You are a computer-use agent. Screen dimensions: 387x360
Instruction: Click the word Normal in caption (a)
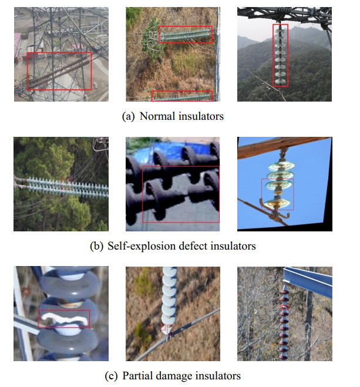(156, 116)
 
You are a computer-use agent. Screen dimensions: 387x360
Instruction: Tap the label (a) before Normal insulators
(128, 116)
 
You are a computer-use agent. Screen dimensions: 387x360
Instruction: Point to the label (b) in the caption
(97, 246)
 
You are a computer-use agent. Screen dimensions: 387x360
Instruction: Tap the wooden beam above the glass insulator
(276, 144)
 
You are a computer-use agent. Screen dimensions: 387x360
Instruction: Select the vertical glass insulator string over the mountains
(281, 56)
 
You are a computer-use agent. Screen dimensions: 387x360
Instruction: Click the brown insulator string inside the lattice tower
(59, 71)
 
